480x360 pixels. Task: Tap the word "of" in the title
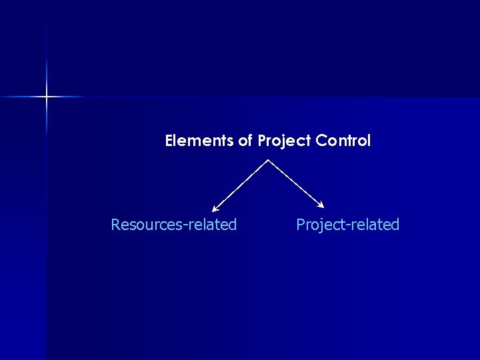tap(243, 141)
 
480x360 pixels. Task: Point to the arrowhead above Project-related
tap(321, 205)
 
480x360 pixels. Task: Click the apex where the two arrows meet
tap(268, 159)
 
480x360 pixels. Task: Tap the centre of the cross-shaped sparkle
tap(47, 97)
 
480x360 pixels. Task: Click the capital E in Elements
tap(169, 141)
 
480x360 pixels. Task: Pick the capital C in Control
tap(321, 141)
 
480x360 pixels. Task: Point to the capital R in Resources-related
tap(115, 225)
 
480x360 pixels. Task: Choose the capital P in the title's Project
tap(262, 141)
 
